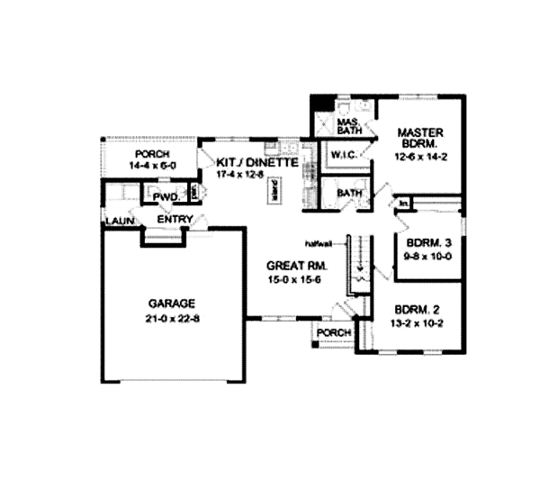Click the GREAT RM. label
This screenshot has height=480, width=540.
[295, 267]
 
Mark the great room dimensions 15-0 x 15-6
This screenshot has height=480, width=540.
[295, 280]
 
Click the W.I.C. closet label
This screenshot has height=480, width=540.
[344, 156]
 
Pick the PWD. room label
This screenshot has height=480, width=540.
[165, 196]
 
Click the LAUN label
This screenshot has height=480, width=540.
[118, 220]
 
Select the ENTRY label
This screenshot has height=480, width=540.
[174, 219]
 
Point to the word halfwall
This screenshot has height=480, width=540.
[319, 243]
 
